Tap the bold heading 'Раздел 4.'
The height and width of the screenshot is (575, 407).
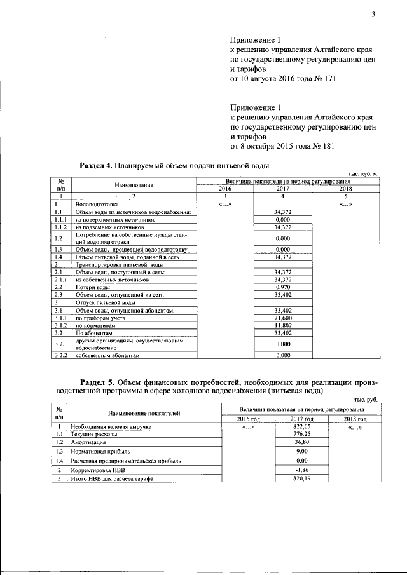click(x=95, y=166)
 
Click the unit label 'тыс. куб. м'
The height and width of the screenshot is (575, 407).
click(x=363, y=174)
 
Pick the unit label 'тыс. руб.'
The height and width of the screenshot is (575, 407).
click(x=366, y=399)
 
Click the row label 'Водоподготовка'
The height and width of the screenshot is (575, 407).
click(x=96, y=205)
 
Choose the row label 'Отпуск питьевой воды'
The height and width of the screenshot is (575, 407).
click(x=101, y=302)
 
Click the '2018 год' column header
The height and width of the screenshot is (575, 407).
click(x=354, y=419)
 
